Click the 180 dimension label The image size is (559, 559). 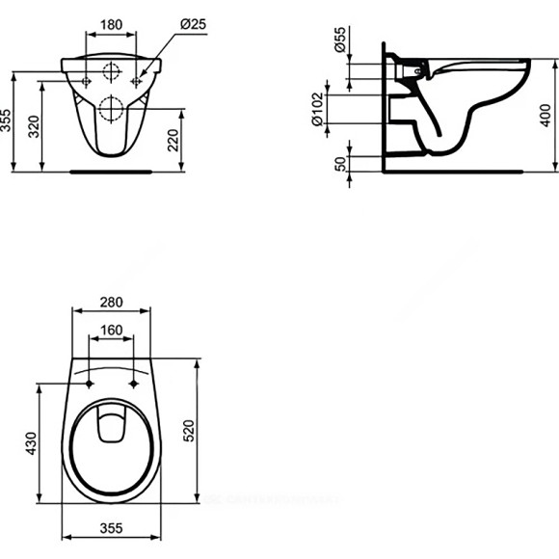(113, 22)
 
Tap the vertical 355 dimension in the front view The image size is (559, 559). (9, 120)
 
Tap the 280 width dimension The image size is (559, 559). (112, 302)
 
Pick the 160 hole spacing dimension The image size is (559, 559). (112, 329)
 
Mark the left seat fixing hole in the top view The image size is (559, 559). (90, 384)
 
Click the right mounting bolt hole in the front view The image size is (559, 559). (136, 83)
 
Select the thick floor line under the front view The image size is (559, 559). (113, 172)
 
